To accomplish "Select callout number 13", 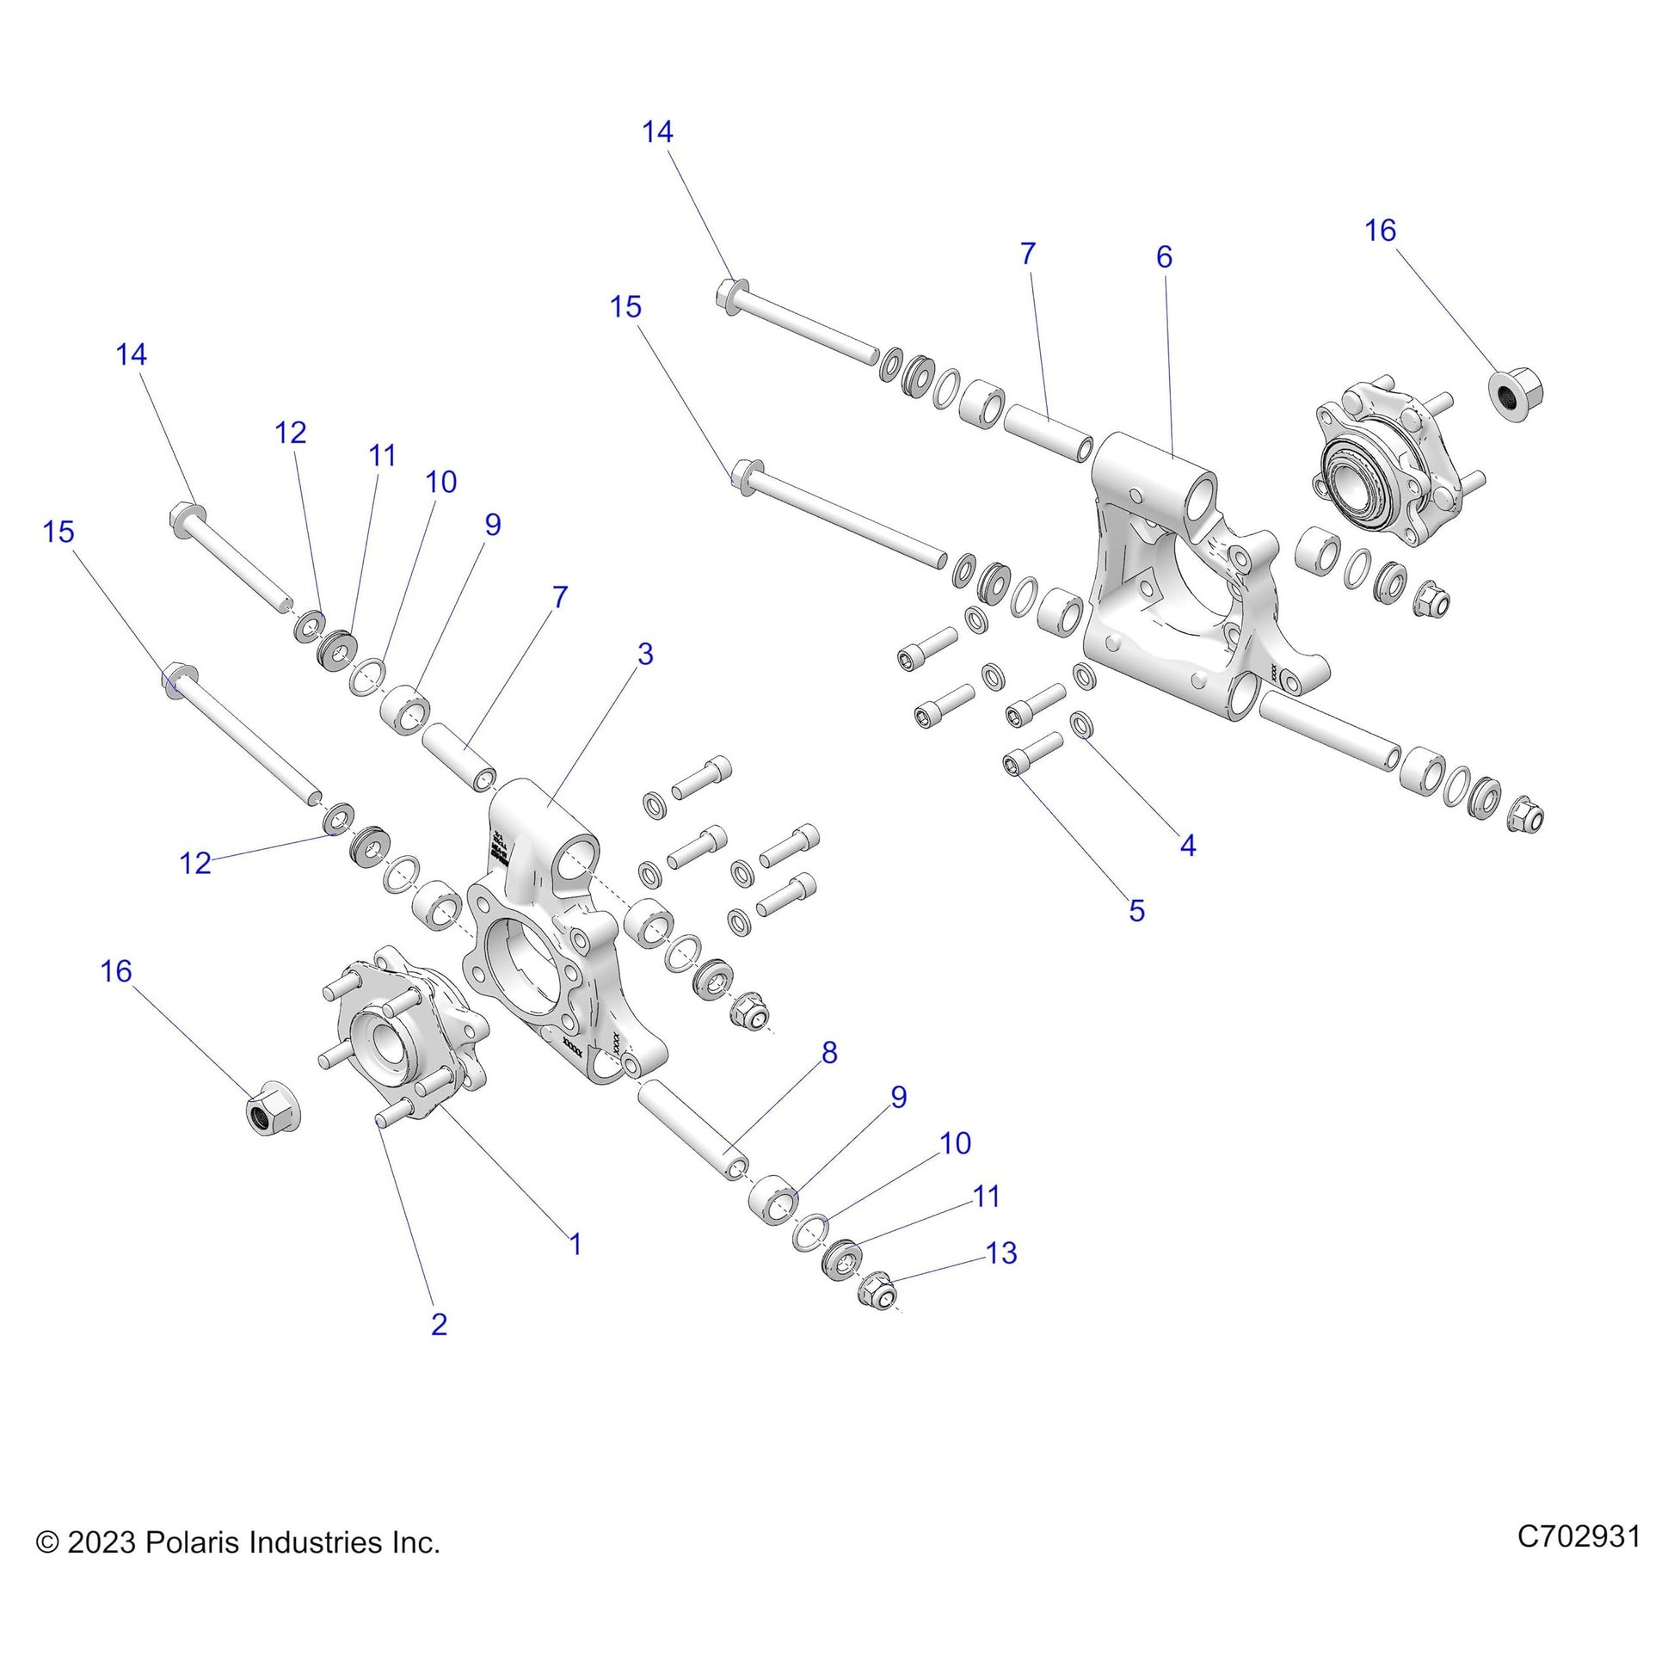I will pyautogui.click(x=1000, y=1252).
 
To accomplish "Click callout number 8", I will pyautogui.click(x=829, y=1053).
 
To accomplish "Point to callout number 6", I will pyautogui.click(x=1164, y=256).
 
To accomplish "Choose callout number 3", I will pyautogui.click(x=644, y=654).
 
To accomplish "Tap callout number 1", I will pyautogui.click(x=575, y=1245).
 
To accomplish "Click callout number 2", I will pyautogui.click(x=439, y=1324).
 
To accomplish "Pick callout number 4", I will pyautogui.click(x=1188, y=845).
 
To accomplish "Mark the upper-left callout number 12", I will pyautogui.click(x=290, y=433).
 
